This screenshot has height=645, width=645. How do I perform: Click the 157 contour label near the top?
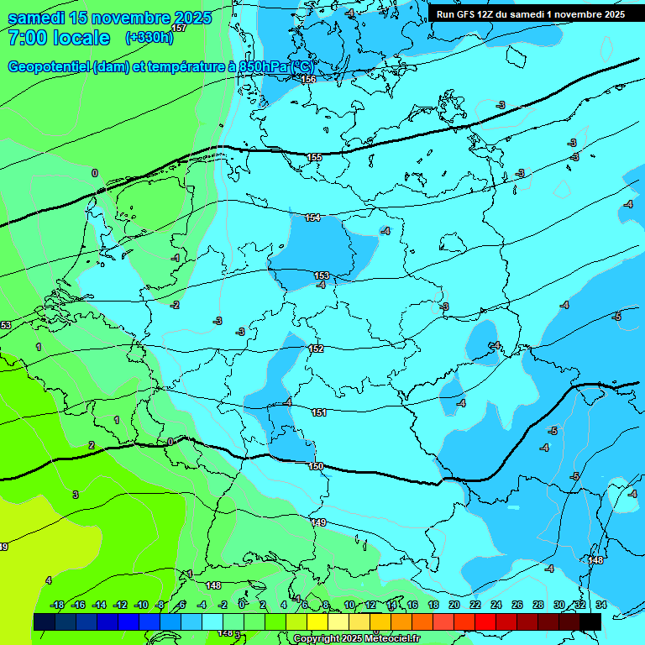point(178,28)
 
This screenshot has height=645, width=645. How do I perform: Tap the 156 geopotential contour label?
point(308,79)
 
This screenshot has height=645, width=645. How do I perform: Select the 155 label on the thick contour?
point(314,157)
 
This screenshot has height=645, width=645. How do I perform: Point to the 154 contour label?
point(312,218)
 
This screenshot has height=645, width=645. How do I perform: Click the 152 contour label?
point(316,349)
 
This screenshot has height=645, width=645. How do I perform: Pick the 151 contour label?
point(318,412)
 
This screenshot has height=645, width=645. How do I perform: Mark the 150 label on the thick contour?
point(315,466)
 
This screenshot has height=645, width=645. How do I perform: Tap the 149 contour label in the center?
point(318,522)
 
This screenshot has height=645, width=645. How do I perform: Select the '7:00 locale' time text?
point(59,38)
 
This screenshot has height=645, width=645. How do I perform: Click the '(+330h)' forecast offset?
point(149,38)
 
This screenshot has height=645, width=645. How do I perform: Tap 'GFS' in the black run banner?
point(468,13)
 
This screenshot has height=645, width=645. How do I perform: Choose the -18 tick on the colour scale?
point(57,605)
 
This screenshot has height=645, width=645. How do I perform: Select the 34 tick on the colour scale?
point(601,605)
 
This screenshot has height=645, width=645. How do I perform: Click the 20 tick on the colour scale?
point(454,605)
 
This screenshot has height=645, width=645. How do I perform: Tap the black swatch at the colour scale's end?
point(590,621)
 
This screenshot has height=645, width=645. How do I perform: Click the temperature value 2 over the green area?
point(92,445)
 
